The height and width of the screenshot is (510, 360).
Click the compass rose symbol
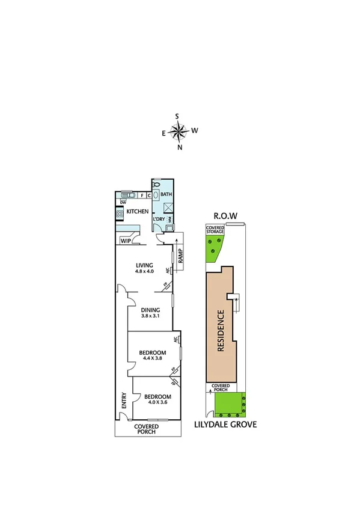click(179, 131)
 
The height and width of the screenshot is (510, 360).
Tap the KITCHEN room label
click(137, 212)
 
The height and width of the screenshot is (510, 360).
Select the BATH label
click(166, 195)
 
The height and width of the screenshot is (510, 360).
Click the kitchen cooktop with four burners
click(119, 213)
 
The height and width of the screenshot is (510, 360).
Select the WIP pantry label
click(126, 241)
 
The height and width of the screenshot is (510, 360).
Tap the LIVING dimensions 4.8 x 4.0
click(144, 271)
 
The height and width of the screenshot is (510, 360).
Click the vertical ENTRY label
click(124, 401)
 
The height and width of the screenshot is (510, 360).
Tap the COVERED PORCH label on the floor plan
click(146, 429)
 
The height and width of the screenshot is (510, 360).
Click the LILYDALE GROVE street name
click(225, 425)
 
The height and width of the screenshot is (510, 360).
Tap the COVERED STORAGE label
click(214, 229)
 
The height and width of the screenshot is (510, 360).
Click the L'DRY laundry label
click(159, 218)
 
